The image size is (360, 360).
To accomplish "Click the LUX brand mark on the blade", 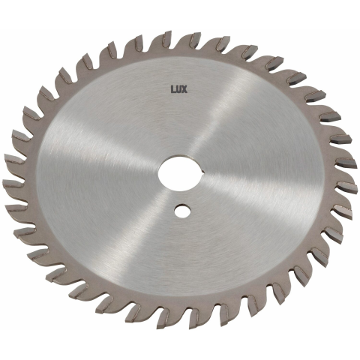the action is point(178,89).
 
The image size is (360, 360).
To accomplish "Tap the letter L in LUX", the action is point(173,89).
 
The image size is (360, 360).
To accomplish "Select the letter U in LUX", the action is point(178,89).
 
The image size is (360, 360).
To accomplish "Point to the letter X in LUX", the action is point(184,89).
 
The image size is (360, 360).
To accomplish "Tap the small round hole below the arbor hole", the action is point(182,211).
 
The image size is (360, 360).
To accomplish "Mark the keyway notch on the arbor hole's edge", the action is point(204,172).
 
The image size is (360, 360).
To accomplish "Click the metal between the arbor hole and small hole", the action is point(182,198).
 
